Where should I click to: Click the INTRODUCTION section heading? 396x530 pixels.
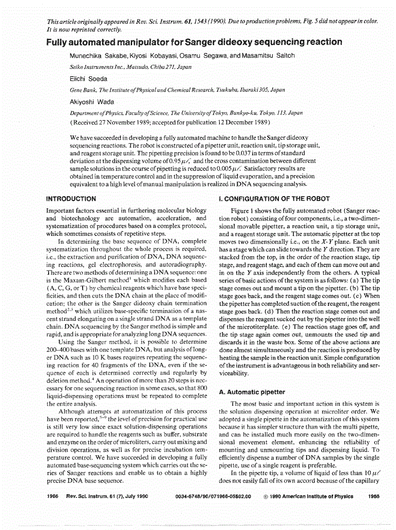click(x=70, y=199)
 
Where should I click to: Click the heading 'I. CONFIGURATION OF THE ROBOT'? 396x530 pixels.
click(x=275, y=199)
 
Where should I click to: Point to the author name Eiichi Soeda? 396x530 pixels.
click(x=89, y=79)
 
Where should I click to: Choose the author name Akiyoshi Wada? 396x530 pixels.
click(x=92, y=102)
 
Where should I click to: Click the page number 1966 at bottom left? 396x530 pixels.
click(x=53, y=497)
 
